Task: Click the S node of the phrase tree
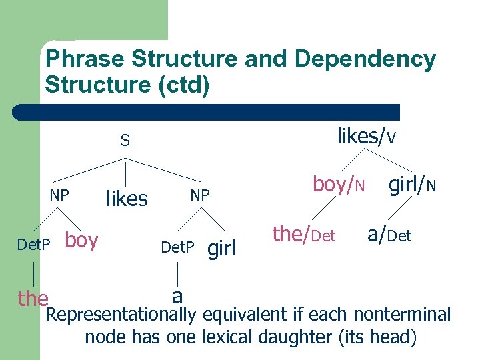tap(125, 141)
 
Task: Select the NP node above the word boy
tap(59, 195)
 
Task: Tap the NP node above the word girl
tap(200, 195)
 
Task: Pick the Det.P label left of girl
tap(177, 248)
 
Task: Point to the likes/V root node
tap(367, 137)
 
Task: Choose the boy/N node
tap(339, 185)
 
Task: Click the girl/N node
tap(413, 185)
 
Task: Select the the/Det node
tap(303, 234)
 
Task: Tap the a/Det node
tap(389, 234)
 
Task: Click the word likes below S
tap(127, 198)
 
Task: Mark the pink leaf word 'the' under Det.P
tap(33, 298)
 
